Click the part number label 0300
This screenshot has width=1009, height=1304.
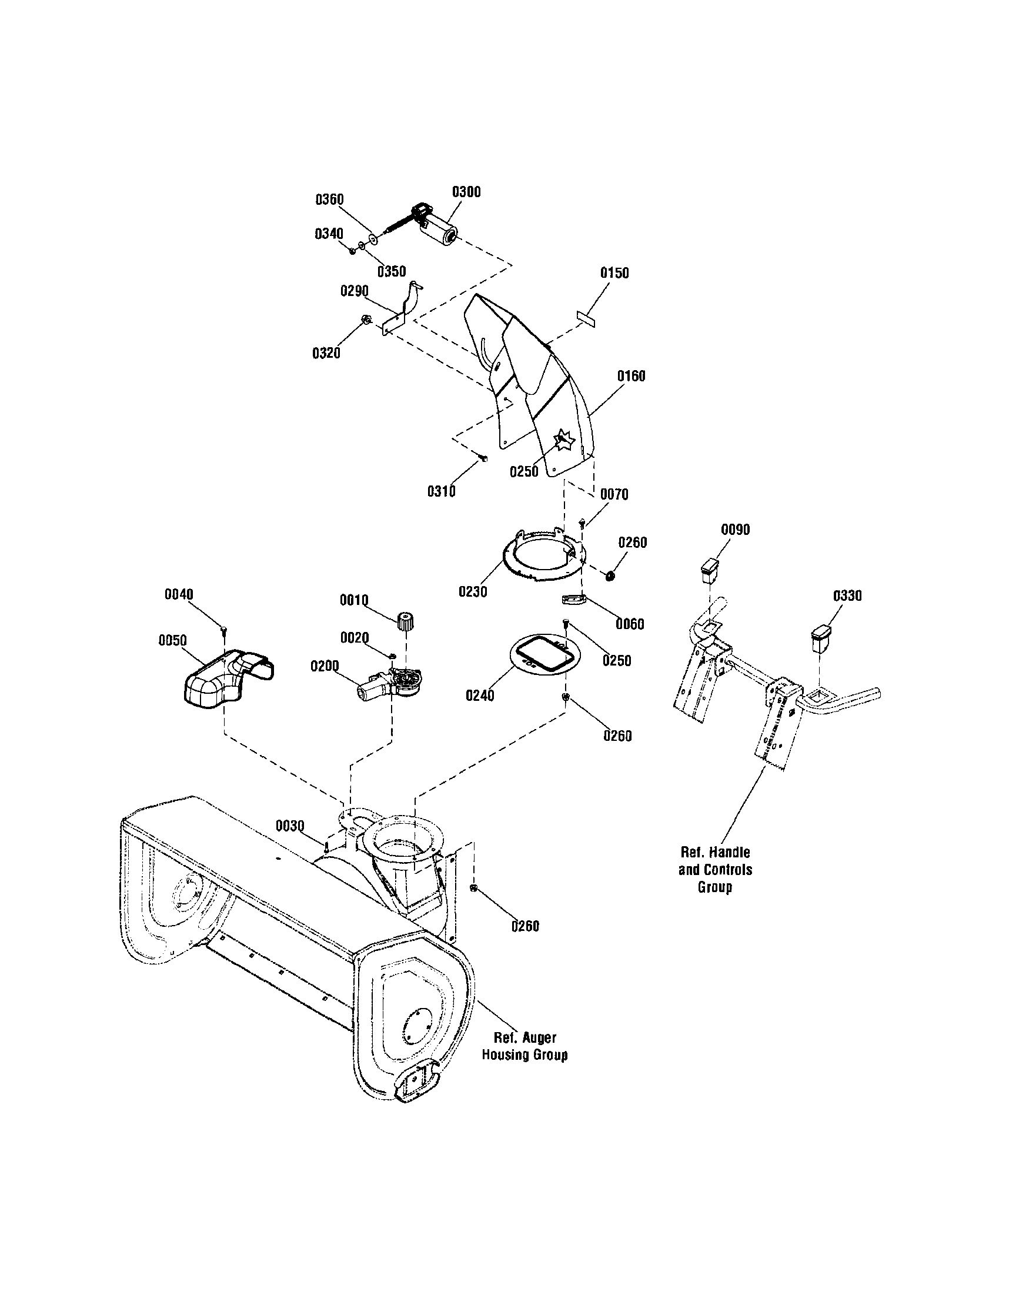tap(466, 192)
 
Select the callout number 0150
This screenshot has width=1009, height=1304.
tap(614, 273)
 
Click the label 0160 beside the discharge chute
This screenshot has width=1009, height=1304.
tap(632, 376)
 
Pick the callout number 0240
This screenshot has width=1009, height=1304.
tap(480, 696)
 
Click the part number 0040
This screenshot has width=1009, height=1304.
tap(179, 595)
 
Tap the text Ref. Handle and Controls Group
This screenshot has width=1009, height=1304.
tap(715, 869)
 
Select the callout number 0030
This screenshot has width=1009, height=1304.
tap(290, 826)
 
